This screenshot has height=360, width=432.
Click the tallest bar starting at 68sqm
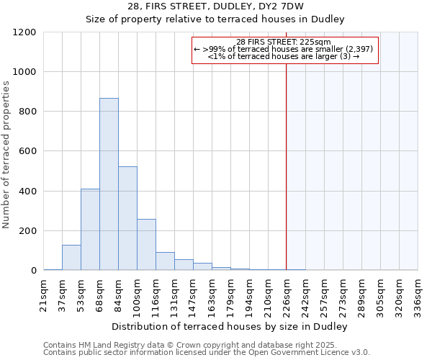point(109,184)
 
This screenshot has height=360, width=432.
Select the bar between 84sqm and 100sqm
point(127,218)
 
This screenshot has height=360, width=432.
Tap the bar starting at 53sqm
point(90,230)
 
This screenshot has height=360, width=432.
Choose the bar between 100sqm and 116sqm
point(146,245)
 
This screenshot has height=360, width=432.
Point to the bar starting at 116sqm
point(165,261)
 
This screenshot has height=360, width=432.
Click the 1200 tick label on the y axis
point(24,32)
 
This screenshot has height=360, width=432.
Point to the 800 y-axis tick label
point(27,112)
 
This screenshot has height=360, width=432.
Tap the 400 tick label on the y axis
point(27,192)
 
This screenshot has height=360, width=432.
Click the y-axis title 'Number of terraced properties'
point(6,154)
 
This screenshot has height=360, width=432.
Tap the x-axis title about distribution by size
point(230,327)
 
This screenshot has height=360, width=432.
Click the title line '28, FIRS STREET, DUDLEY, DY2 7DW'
point(215,6)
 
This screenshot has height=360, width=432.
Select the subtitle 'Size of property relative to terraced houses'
point(215,19)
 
